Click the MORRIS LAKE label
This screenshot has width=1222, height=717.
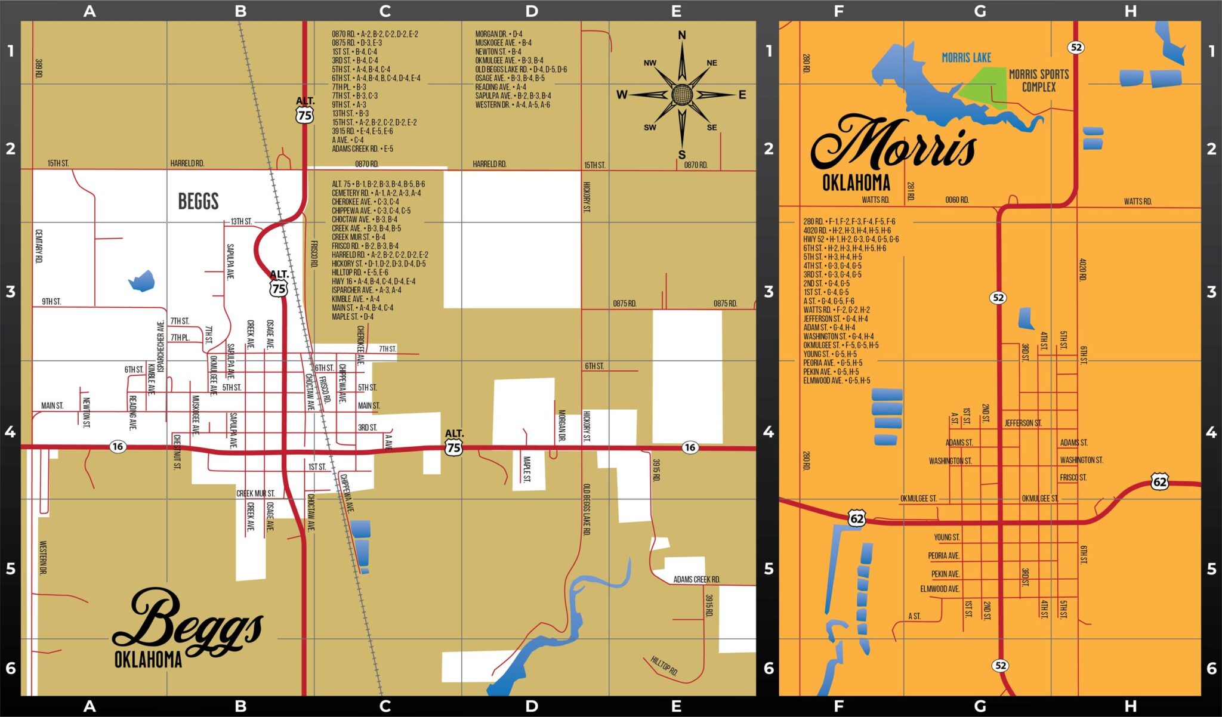pos(966,58)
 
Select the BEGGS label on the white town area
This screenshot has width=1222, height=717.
pos(198,202)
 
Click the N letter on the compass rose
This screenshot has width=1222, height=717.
pos(681,36)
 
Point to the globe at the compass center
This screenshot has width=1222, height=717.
pos(681,94)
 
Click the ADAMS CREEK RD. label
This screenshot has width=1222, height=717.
pos(696,579)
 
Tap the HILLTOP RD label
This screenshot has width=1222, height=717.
pos(664,665)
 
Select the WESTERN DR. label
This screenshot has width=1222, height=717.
pos(43,558)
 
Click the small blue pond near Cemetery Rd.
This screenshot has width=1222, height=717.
pos(142,281)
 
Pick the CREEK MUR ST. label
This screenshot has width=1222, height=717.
pos(255,493)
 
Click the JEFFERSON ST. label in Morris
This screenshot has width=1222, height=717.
pos(1023,423)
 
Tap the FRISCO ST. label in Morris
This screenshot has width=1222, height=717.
pos(1073,477)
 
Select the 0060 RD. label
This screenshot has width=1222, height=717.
pos(956,200)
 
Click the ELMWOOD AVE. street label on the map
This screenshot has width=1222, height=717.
pos(939,589)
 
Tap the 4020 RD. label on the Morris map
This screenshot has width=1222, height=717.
pos(1082,270)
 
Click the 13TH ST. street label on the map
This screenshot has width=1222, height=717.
pos(241,221)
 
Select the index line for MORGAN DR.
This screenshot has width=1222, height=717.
pos(498,34)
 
